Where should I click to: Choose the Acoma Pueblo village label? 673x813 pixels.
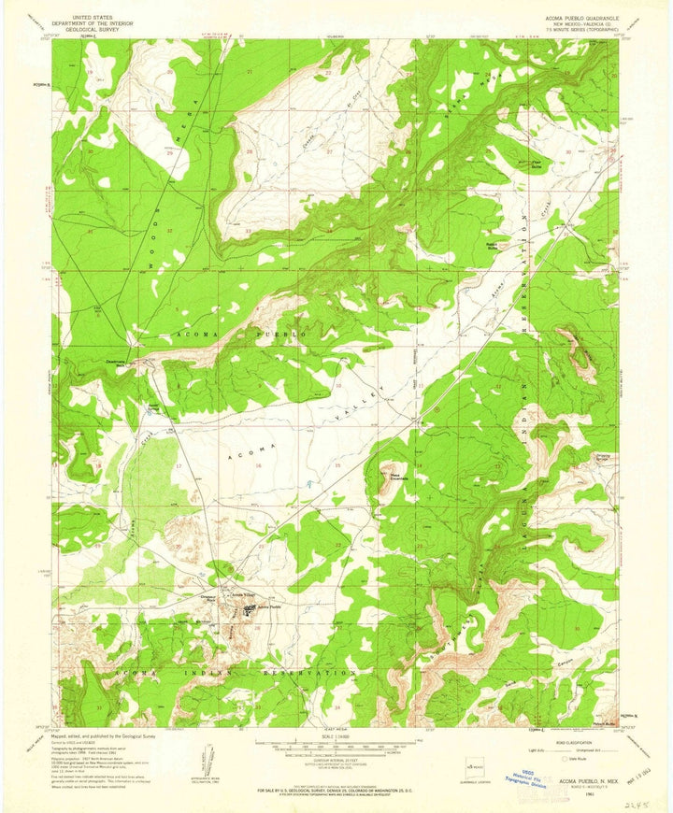pos(269,607)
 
